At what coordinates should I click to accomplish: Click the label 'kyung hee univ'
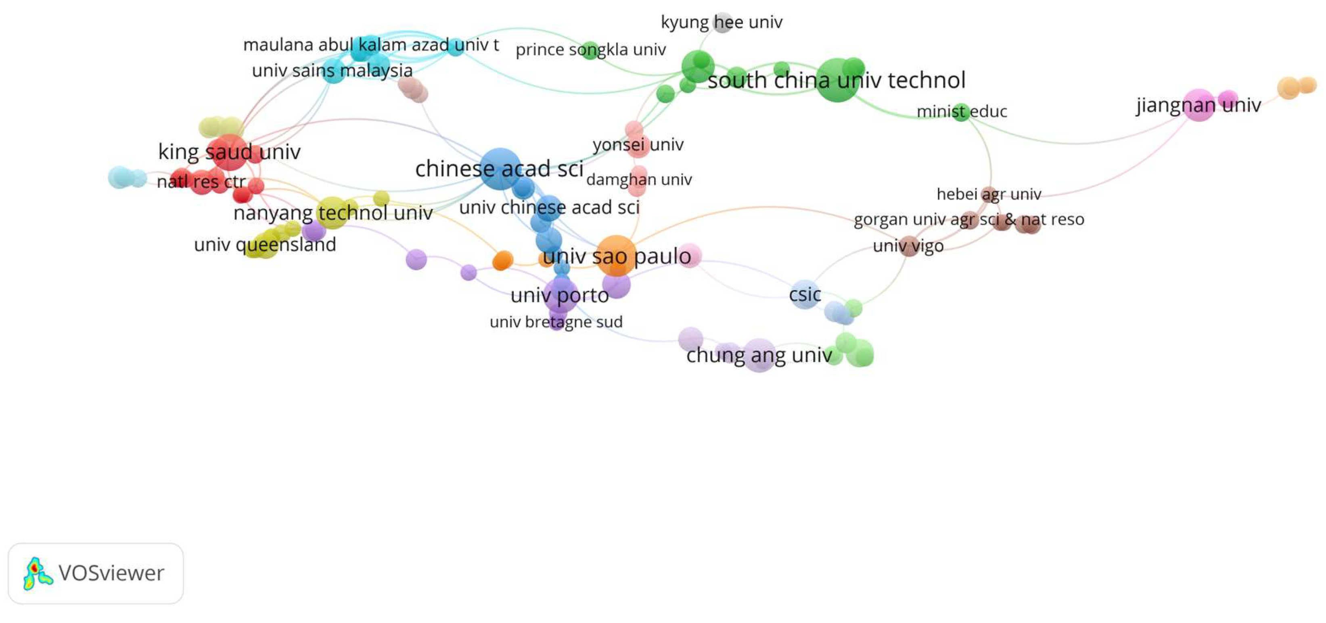pyautogui.click(x=721, y=22)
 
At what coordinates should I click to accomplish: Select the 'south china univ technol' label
pyautogui.click(x=836, y=80)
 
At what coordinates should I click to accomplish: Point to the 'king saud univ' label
pyautogui.click(x=229, y=152)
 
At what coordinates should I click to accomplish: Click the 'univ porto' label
pyautogui.click(x=560, y=295)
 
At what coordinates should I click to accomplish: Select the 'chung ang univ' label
pyautogui.click(x=759, y=355)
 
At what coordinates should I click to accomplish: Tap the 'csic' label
pyautogui.click(x=805, y=294)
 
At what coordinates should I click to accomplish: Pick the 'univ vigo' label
pyautogui.click(x=908, y=246)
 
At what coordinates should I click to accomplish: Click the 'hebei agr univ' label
pyautogui.click(x=988, y=194)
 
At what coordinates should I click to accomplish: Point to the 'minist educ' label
pyautogui.click(x=962, y=111)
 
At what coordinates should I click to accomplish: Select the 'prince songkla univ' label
pyautogui.click(x=590, y=50)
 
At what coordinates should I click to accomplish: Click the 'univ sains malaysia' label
pyautogui.click(x=332, y=71)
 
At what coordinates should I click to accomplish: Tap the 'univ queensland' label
pyautogui.click(x=265, y=244)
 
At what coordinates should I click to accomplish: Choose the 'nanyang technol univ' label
pyautogui.click(x=333, y=213)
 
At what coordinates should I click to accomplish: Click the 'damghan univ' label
pyautogui.click(x=639, y=179)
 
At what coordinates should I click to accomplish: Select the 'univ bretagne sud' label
pyautogui.click(x=556, y=322)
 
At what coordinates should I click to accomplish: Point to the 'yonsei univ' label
pyautogui.click(x=638, y=145)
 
